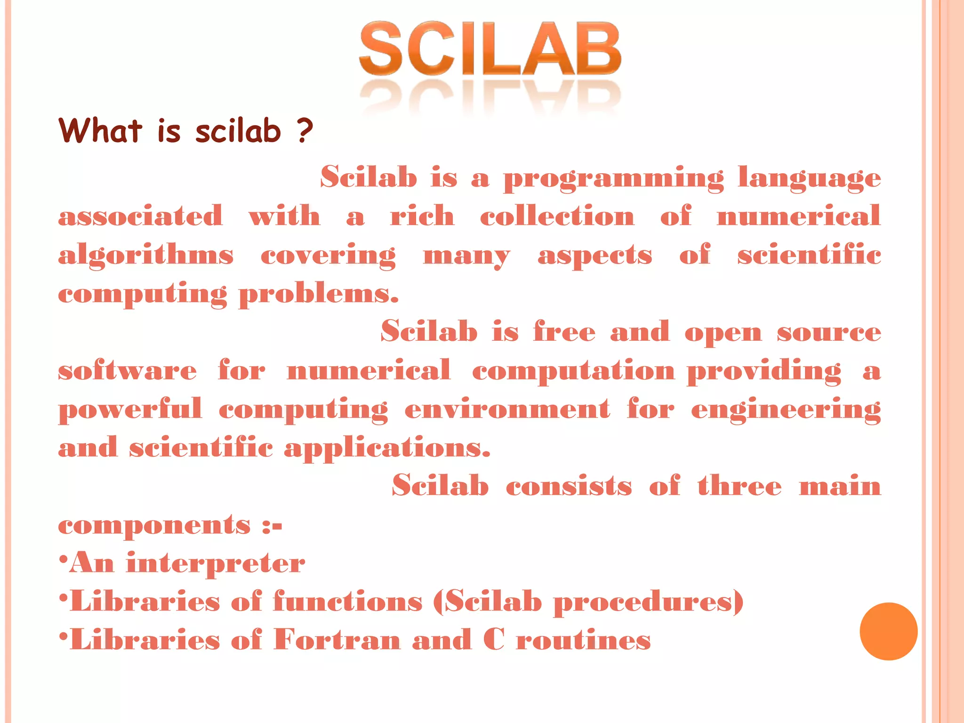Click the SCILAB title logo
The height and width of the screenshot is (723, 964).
[x=490, y=49]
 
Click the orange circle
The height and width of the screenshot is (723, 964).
[x=888, y=631]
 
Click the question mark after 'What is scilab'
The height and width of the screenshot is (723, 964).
[x=305, y=131]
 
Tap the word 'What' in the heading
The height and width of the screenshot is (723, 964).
[x=100, y=130]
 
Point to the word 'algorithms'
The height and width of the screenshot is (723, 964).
[x=145, y=256]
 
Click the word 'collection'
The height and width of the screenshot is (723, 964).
[x=557, y=217]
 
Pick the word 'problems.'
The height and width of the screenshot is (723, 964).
[x=319, y=295]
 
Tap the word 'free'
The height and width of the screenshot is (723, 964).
[x=564, y=332]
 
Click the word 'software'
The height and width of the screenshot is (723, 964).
[x=127, y=370]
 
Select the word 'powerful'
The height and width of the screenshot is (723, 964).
[x=130, y=409]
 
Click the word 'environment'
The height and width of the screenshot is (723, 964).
[x=507, y=409]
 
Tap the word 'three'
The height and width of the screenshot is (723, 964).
[x=739, y=486]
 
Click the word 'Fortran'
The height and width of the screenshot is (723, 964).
[x=337, y=640]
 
